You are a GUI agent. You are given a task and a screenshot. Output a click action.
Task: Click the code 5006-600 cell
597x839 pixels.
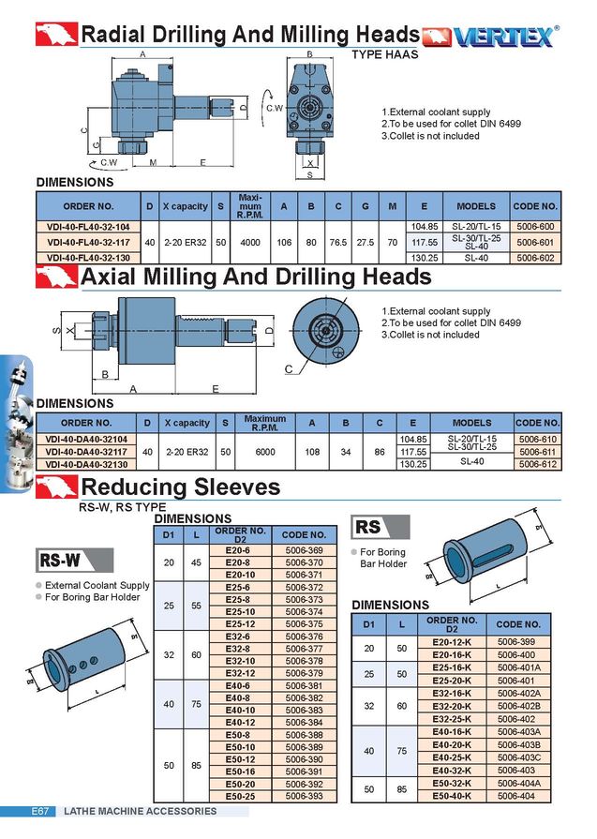(535, 227)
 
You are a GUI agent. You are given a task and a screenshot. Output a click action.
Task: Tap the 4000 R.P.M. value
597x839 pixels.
(249, 242)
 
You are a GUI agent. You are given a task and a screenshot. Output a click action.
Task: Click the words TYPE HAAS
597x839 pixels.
(385, 55)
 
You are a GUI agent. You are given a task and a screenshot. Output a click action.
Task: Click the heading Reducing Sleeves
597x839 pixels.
(180, 487)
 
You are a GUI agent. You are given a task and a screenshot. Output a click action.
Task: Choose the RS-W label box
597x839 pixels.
(60, 561)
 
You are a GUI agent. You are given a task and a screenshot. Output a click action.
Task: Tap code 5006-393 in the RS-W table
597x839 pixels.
(304, 796)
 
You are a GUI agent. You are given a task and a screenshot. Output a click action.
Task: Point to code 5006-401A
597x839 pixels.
(518, 667)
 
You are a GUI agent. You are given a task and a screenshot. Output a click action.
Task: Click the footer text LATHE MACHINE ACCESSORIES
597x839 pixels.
(140, 811)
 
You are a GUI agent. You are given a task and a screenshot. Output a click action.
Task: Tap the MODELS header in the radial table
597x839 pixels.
(475, 205)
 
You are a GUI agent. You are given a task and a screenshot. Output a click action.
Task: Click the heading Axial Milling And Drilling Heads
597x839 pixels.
(256, 277)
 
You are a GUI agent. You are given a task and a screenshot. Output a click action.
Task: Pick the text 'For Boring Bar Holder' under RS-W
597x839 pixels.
(92, 597)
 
